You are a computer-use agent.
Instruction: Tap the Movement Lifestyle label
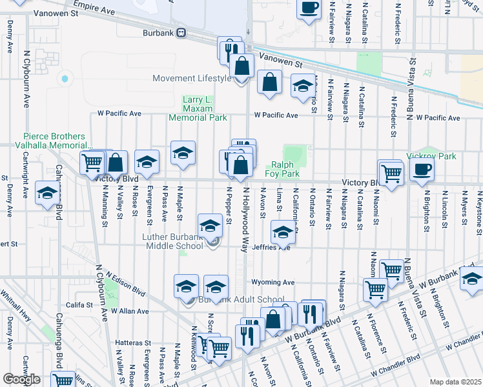pyautogui.click(x=191, y=79)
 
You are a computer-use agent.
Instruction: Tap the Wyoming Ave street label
pyautogui.click(x=273, y=282)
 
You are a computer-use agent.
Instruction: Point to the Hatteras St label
pyautogui.click(x=132, y=343)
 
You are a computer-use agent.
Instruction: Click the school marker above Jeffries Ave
pyautogui.click(x=282, y=232)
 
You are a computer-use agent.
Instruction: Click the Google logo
pyautogui.click(x=21, y=379)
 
